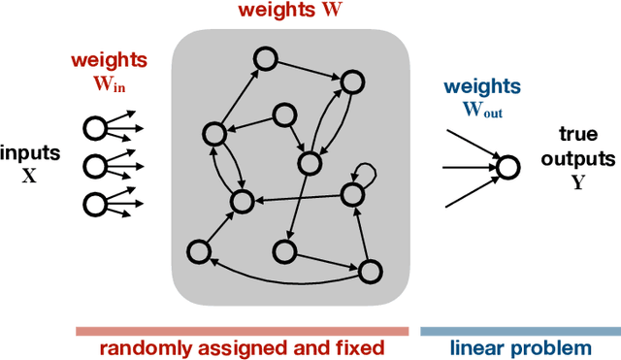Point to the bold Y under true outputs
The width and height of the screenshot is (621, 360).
tap(579, 180)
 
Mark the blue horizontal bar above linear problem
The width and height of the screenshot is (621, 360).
tap(518, 330)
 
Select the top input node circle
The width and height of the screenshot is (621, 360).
tap(95, 128)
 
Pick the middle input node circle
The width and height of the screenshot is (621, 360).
tap(95, 165)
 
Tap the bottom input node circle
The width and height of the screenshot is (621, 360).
tap(95, 203)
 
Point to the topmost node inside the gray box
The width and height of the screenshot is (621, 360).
tap(263, 58)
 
